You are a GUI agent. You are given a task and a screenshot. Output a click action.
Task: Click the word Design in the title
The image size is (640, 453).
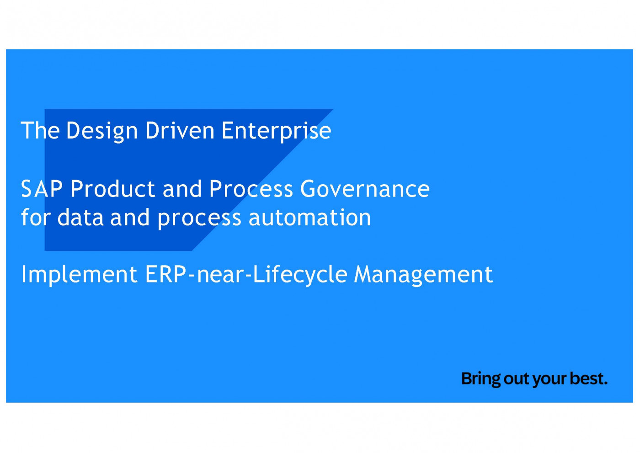tap(102, 131)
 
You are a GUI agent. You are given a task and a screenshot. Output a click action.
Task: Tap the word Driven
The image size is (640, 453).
tap(180, 131)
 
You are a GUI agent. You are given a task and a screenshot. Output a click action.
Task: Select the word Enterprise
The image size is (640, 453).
tap(276, 131)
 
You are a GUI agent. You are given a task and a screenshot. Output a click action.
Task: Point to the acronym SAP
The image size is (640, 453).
tap(42, 189)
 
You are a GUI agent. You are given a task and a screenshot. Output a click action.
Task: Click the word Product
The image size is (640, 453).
tap(113, 189)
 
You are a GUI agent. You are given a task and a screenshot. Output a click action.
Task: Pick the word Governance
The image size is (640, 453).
tap(365, 189)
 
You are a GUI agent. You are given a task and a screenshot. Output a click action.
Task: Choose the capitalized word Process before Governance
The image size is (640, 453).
tap(251, 189)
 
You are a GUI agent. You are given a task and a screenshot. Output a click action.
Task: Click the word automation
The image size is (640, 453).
tap(309, 218)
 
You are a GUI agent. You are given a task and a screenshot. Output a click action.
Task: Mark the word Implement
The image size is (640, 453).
tap(79, 275)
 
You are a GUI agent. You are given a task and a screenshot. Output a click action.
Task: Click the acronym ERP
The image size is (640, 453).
tap(165, 274)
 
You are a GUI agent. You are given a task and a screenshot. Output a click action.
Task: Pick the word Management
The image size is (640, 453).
tap(423, 275)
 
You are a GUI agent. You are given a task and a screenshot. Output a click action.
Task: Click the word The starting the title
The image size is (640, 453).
tap(40, 131)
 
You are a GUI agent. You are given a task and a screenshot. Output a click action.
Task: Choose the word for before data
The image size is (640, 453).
tap(36, 217)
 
